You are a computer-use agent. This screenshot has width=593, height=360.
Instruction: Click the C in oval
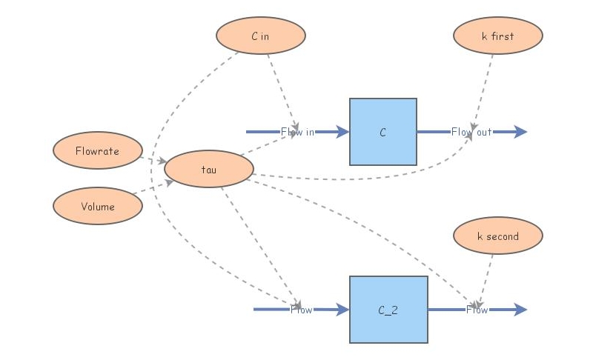260,36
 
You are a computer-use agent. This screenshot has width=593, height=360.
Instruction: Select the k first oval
497,36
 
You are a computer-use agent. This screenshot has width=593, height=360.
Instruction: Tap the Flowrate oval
97,151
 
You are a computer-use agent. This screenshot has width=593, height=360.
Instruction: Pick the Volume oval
97,206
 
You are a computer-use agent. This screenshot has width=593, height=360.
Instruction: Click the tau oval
208,169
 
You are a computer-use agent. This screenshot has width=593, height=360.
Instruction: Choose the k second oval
497,236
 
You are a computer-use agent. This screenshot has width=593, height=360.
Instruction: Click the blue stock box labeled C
382,132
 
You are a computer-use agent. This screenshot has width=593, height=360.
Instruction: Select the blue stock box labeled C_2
388,310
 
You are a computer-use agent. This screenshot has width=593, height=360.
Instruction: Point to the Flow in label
297,132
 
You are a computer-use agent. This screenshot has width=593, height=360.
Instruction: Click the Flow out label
471,132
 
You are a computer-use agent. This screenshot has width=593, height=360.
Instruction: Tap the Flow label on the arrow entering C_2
301,310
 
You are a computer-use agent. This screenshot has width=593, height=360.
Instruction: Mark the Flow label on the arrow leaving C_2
477,310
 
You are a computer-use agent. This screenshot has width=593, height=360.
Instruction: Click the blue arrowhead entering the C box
342,132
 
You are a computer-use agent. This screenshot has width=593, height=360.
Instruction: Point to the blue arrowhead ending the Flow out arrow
520,132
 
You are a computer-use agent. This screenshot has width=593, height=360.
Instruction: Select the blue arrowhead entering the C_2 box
342,310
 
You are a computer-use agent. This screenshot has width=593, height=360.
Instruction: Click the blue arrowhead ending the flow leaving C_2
520,310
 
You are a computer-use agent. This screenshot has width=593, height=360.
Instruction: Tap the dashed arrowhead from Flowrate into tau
162,161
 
